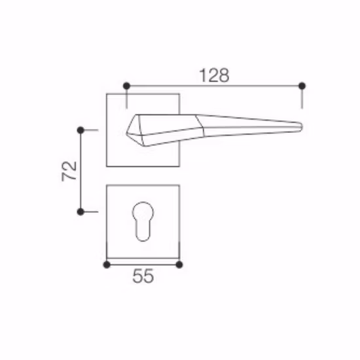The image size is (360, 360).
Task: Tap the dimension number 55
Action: tap(143, 277)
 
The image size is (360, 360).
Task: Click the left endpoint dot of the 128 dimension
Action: tap(126, 86)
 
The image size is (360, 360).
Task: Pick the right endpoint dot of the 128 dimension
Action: tap(302, 86)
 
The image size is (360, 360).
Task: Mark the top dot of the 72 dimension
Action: tap(81, 130)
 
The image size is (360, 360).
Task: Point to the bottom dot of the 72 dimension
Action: tap(81, 211)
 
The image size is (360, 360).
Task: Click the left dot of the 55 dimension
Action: tap(107, 264)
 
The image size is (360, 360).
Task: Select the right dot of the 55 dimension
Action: tap(180, 264)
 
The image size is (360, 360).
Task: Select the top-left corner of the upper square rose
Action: tap(107, 95)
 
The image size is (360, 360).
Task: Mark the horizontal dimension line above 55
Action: tap(143, 264)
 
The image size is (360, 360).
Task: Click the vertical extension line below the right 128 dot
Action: tap(302, 98)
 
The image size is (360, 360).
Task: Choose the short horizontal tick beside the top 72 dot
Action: tap(91, 130)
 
